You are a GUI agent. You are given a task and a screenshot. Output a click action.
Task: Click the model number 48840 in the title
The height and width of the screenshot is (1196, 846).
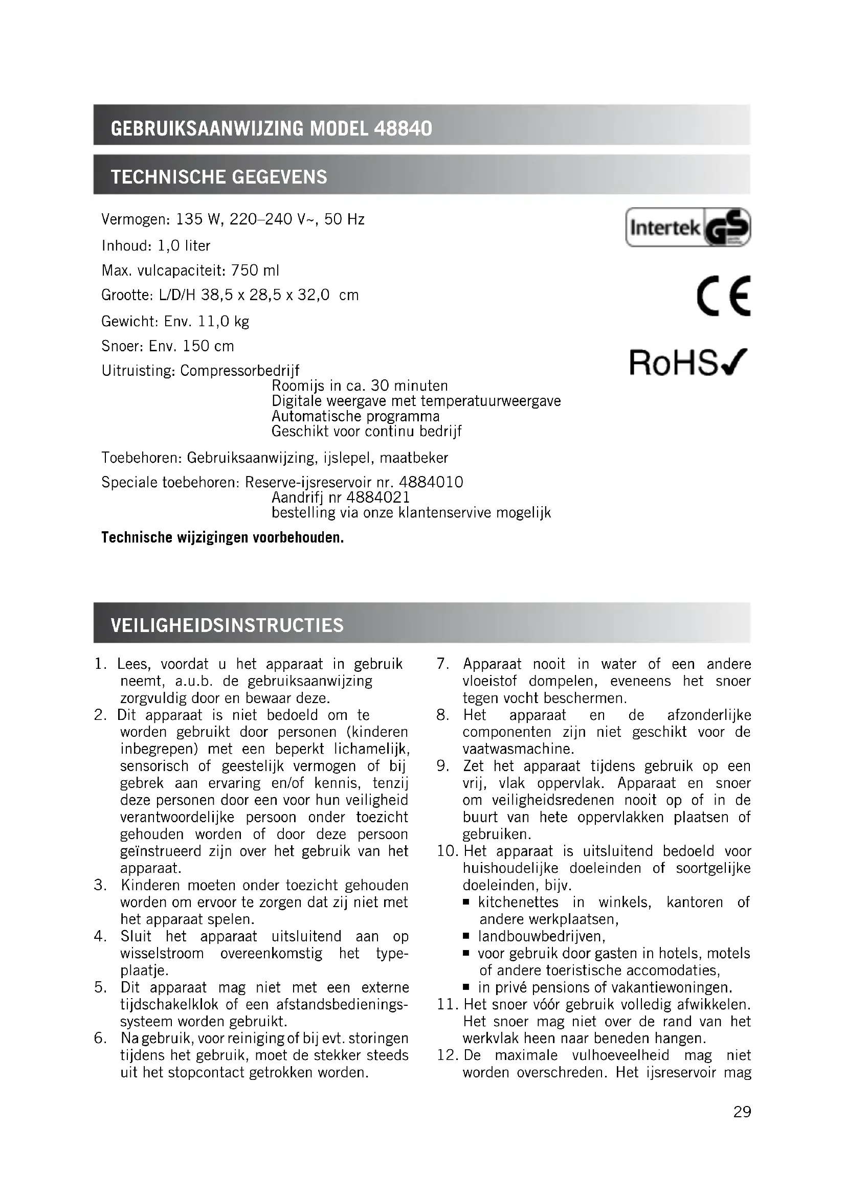[x=403, y=128]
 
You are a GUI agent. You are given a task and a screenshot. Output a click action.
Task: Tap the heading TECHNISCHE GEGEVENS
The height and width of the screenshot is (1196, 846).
[x=219, y=177]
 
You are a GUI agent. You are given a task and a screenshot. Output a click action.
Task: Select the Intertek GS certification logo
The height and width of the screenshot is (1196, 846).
[x=687, y=227]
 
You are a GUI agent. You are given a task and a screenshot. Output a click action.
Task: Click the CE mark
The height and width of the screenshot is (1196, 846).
[x=724, y=296]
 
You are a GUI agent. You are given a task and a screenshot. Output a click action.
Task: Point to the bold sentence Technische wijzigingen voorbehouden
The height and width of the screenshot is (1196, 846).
[x=222, y=537]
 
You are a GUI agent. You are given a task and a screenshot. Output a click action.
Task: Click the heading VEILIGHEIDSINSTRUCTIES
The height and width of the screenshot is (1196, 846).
[x=227, y=625]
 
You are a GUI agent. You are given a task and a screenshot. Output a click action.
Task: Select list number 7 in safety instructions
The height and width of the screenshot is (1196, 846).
[x=443, y=664]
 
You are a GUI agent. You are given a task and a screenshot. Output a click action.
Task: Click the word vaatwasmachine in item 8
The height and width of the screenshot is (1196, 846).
[x=518, y=749]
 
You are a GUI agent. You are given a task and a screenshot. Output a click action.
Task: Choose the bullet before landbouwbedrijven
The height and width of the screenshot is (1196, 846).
[x=466, y=936]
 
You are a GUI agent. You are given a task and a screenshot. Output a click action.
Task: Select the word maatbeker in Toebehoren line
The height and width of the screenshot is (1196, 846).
[x=414, y=458]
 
